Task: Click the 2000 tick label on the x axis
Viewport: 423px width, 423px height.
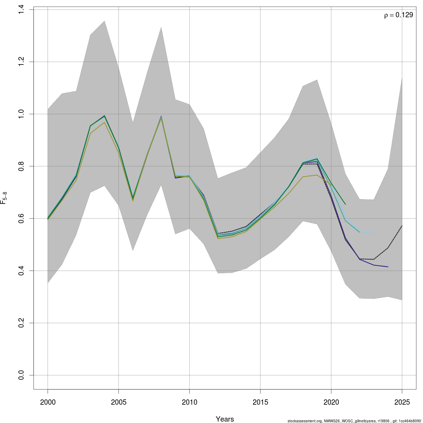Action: point(48,402)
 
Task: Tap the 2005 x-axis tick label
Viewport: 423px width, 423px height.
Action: point(119,402)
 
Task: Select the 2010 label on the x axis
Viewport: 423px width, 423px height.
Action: point(189,402)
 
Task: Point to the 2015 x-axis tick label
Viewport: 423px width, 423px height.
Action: point(260,402)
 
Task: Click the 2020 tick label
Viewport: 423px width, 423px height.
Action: point(331,402)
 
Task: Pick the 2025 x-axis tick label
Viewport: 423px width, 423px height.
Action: point(402,402)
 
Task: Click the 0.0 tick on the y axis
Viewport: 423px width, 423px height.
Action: point(21,375)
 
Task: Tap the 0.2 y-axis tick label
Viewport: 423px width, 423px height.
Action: point(21,323)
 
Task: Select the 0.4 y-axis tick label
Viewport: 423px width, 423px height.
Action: point(21,271)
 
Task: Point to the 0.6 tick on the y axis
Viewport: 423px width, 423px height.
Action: point(21,219)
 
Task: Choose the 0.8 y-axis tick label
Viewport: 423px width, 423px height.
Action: point(21,166)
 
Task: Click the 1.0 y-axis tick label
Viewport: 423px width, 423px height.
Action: point(21,114)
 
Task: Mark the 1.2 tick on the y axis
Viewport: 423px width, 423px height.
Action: point(21,62)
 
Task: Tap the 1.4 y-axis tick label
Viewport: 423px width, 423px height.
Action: point(21,10)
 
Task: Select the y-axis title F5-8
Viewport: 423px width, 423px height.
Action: point(4,198)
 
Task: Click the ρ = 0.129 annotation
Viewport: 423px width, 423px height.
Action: point(398,15)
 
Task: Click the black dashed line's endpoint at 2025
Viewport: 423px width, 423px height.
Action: point(402,226)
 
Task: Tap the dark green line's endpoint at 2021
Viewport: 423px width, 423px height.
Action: point(345,204)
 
